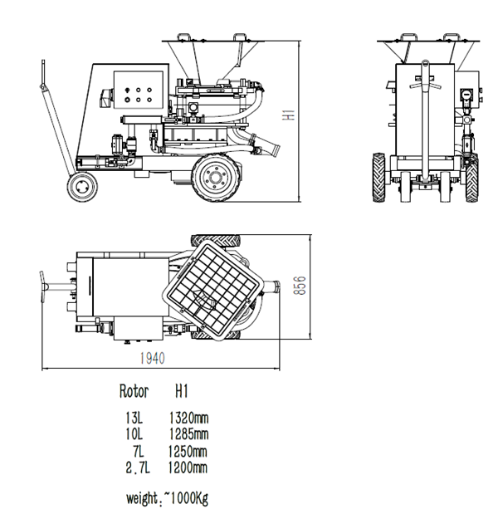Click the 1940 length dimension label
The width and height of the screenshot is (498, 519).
(151, 358)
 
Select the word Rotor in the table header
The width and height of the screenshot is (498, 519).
(134, 390)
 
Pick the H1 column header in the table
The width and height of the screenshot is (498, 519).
(183, 390)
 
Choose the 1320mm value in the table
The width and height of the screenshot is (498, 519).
(188, 418)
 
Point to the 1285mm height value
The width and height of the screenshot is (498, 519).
(188, 434)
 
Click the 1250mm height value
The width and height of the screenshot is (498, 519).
(188, 451)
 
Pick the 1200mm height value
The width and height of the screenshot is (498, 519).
(188, 468)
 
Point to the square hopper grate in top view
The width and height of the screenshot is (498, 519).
(213, 287)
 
